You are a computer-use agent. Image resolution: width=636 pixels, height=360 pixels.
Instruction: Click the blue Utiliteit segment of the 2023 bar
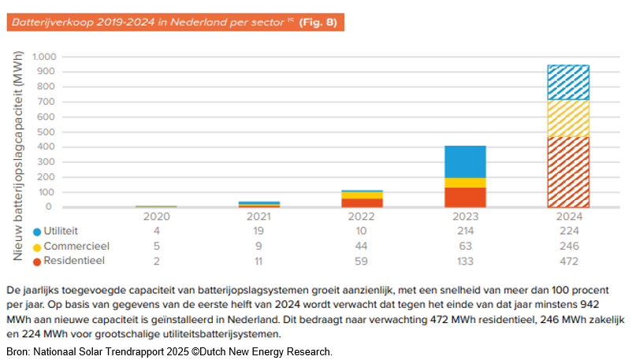pyautogui.click(x=464, y=161)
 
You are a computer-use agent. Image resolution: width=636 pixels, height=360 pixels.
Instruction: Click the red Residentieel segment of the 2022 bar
pyautogui.click(x=362, y=202)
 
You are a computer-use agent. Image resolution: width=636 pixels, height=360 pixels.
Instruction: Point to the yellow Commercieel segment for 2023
pyautogui.click(x=464, y=182)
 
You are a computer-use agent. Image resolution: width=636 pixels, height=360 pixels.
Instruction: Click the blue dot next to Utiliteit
pyautogui.click(x=37, y=232)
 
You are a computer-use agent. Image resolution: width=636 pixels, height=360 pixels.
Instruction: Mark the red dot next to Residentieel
pyautogui.click(x=37, y=261)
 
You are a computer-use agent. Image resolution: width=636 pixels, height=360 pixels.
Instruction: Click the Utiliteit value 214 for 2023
pyautogui.click(x=463, y=231)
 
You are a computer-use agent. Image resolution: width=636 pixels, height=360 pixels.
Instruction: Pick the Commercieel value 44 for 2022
pyautogui.click(x=362, y=246)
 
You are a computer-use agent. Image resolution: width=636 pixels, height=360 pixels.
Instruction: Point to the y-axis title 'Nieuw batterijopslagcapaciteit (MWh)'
pyautogui.click(x=18, y=154)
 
